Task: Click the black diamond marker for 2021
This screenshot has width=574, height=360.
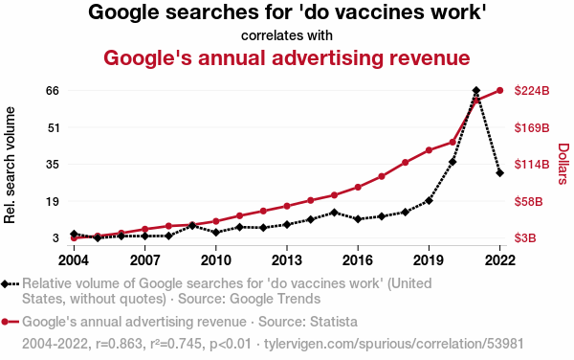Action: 475,90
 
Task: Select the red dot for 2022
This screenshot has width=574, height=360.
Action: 499,90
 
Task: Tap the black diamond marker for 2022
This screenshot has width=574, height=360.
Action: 499,173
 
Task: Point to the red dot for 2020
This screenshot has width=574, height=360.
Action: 453,142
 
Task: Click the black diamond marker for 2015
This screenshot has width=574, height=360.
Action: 334,213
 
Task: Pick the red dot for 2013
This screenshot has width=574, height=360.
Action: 287,206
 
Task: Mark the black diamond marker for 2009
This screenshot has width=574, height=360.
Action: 192,226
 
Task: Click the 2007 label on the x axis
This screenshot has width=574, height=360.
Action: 145,260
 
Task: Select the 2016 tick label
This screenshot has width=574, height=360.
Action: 357,260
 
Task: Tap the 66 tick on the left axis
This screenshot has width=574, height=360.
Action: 53,90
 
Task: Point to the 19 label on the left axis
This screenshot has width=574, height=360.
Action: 53,201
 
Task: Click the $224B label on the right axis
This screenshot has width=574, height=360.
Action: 532,90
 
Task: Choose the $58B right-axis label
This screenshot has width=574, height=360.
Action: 528,201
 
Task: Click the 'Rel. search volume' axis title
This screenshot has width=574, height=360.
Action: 10,166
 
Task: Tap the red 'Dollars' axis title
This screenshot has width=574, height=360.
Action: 563,164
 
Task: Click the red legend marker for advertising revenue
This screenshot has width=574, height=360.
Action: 10,322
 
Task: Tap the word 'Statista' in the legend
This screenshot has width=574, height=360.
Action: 334,322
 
